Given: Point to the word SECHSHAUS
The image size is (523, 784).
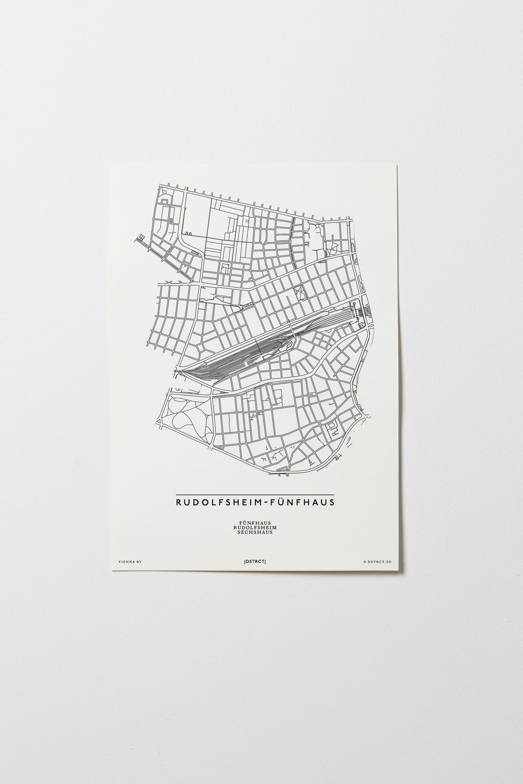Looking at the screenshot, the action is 255,533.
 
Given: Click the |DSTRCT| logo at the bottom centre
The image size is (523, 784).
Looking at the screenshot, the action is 255,562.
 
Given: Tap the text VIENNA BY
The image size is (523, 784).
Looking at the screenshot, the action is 129,562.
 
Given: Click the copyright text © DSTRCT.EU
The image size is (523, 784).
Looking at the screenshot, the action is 378,562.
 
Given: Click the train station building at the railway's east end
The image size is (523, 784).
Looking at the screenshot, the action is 360,312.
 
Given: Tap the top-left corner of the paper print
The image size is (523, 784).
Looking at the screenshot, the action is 110,165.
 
